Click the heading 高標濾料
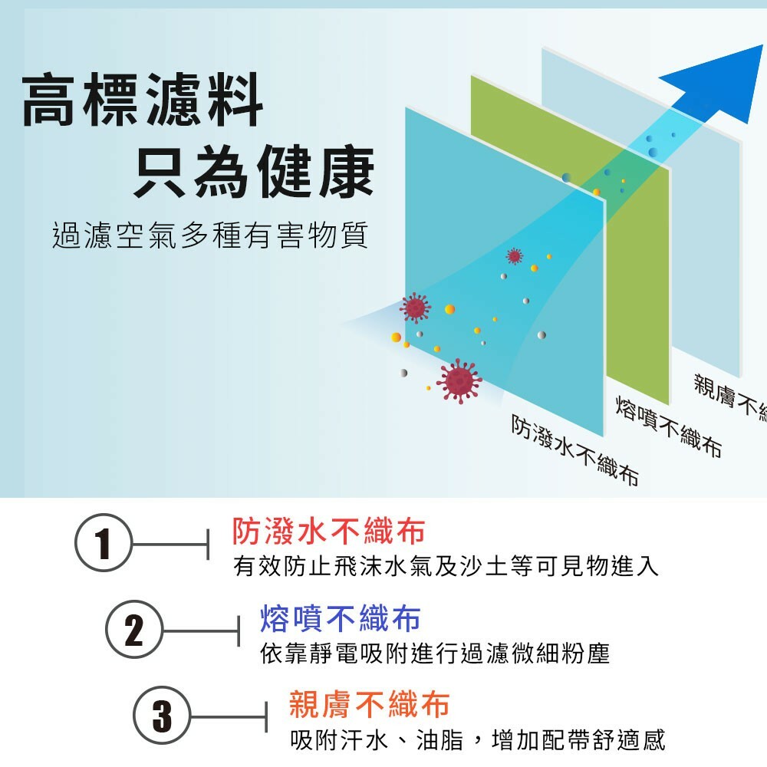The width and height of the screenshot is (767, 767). coord(143,100)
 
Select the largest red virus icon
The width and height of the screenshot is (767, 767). coord(459,380)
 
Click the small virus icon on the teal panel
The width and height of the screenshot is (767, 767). coord(514,255)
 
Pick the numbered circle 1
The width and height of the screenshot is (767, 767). coord(104,542)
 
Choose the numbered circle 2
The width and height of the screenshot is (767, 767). coord(133,630)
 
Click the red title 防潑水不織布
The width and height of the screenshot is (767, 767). coord(328,530)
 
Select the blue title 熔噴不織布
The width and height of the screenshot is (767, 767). coord(341,617)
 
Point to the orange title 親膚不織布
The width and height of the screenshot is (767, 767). coord(369,703)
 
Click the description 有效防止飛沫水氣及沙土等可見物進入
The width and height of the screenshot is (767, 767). coord(446,567)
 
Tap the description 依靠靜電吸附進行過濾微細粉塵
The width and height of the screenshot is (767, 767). coord(435,653)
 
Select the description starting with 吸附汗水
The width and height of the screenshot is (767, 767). coord(477,740)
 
